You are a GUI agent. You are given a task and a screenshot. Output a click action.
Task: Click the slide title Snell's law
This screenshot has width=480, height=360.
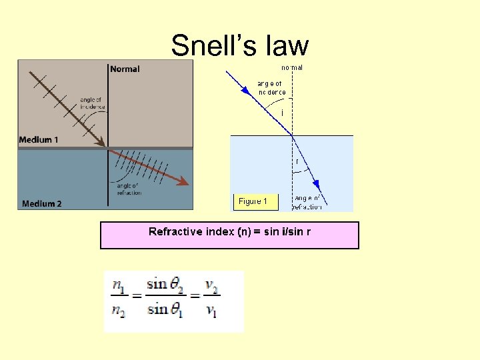[x=240, y=45]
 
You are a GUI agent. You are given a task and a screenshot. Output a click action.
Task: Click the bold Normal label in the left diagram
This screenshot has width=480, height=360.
[x=125, y=69]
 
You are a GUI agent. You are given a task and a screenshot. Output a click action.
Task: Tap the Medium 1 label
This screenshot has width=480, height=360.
[x=39, y=139]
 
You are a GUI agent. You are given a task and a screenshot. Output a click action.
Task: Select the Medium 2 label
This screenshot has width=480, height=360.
[x=41, y=203]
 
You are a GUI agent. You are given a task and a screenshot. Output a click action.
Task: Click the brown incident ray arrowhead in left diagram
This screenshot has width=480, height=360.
[x=101, y=142]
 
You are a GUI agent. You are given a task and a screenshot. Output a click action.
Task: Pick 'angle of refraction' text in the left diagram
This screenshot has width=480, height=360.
[x=129, y=189]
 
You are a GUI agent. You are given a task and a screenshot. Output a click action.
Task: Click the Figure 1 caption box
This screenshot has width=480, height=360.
[x=253, y=201]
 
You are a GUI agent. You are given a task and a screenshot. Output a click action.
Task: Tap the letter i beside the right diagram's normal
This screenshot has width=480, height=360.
[x=282, y=113]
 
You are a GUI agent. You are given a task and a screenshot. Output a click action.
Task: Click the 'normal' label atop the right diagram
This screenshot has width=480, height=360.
[x=292, y=67]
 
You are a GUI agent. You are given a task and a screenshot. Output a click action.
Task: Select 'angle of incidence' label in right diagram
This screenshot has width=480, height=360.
[x=271, y=88]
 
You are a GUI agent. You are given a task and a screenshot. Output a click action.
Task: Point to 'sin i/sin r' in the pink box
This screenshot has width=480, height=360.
[x=287, y=232]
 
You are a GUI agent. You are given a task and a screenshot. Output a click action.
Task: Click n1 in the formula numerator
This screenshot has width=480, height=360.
[x=119, y=287]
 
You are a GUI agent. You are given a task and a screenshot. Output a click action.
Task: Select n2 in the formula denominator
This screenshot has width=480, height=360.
[x=119, y=310]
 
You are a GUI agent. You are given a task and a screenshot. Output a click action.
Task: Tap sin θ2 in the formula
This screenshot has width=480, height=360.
[x=165, y=285]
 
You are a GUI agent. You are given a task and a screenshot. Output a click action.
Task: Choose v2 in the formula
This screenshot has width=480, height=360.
[x=211, y=287]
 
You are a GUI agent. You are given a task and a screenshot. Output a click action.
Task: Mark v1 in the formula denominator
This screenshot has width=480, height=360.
[x=211, y=310]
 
